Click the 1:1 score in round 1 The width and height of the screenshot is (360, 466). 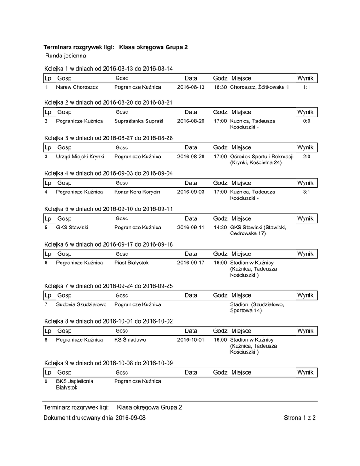pyautogui.click(x=306, y=87)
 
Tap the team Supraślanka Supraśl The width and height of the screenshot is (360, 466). pyautogui.click(x=139, y=122)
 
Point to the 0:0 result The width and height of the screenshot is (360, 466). pyautogui.click(x=306, y=122)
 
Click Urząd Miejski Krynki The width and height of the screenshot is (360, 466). pyautogui.click(x=80, y=157)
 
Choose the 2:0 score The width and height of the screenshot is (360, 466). pyautogui.click(x=306, y=157)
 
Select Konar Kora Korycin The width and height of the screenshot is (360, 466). pyautogui.click(x=137, y=192)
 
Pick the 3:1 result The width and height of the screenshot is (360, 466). pyautogui.click(x=306, y=192)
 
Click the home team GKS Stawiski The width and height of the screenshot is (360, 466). pyautogui.click(x=72, y=227)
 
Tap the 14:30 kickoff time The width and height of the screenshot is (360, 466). pyautogui.click(x=220, y=227)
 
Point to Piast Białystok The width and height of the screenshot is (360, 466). pyautogui.click(x=132, y=263)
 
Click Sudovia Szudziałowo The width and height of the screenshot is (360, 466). pyautogui.click(x=81, y=304)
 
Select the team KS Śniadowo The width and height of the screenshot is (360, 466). pyautogui.click(x=130, y=339)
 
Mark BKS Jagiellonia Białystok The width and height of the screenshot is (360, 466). pyautogui.click(x=75, y=384)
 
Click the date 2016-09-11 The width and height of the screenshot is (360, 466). pyautogui.click(x=191, y=227)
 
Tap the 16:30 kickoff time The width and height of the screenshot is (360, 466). pyautogui.click(x=220, y=87)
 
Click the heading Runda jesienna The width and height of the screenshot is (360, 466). pyautogui.click(x=66, y=56)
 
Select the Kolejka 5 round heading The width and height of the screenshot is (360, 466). pyautogui.click(x=108, y=209)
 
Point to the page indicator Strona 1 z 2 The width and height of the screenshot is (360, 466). pyautogui.click(x=299, y=417)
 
